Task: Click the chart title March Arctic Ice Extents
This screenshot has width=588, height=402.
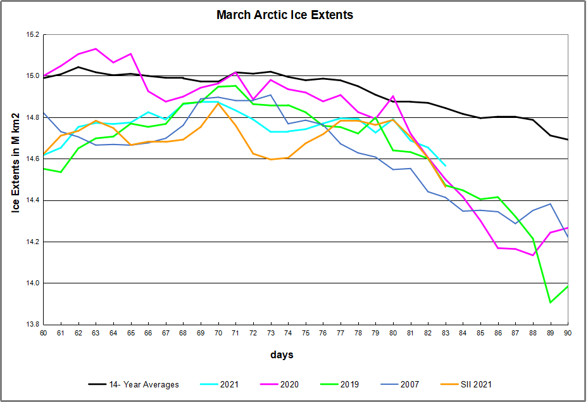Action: (285, 15)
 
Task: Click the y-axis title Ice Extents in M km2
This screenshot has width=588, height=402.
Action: (17, 172)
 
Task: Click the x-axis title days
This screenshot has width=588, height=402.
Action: (283, 355)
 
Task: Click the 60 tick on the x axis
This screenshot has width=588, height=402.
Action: (43, 333)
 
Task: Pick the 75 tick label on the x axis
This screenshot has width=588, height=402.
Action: (305, 333)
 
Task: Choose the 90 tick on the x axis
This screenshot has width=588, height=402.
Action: (568, 333)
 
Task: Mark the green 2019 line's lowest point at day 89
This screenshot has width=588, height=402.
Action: (550, 302)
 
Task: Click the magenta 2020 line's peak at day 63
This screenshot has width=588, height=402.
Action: (96, 49)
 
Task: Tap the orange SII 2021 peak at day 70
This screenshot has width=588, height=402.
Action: (218, 103)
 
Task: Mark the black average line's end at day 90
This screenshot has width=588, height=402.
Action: (568, 139)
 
